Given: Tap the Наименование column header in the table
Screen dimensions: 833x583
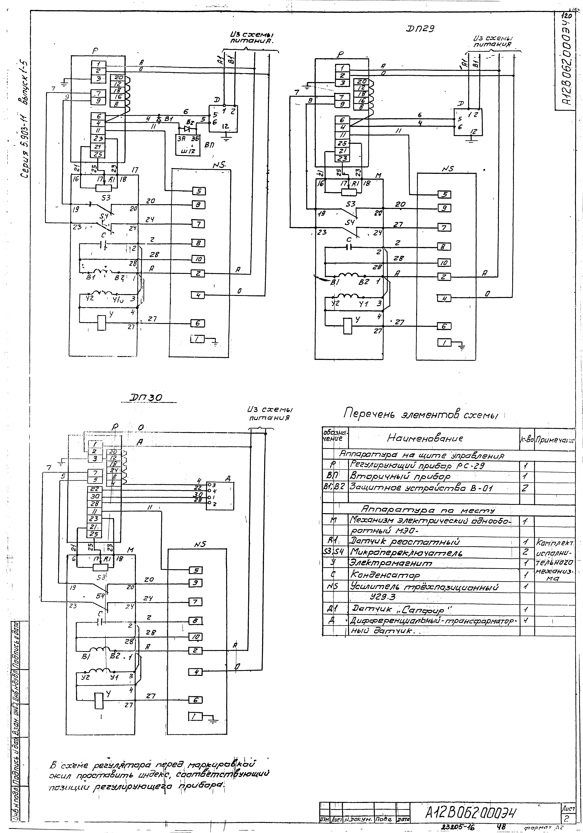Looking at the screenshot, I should [425, 438].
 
